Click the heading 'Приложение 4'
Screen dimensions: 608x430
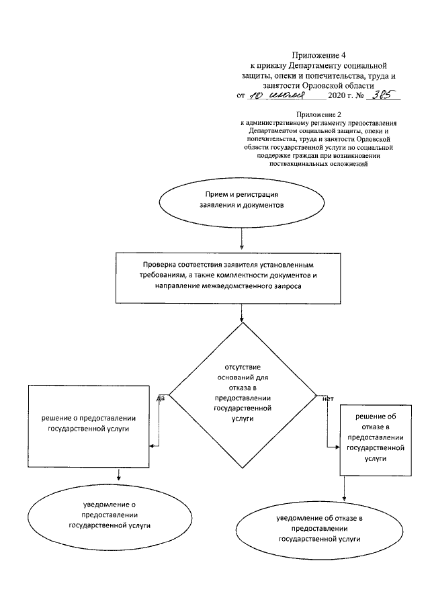click(315, 54)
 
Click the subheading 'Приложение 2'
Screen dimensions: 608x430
click(315, 115)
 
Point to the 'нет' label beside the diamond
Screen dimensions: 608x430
click(328, 398)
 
